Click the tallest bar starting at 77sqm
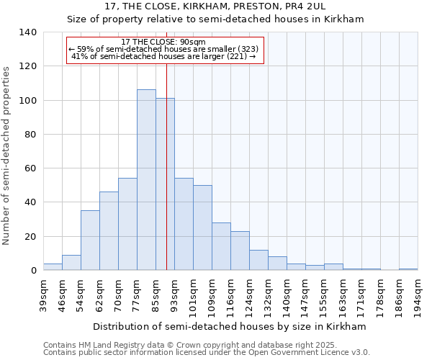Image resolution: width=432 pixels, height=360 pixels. click(146, 180)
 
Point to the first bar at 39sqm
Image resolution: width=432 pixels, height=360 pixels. click(53, 267)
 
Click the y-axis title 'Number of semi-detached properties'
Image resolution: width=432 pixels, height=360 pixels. click(7, 155)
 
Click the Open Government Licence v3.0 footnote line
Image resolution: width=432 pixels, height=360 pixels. click(207, 352)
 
